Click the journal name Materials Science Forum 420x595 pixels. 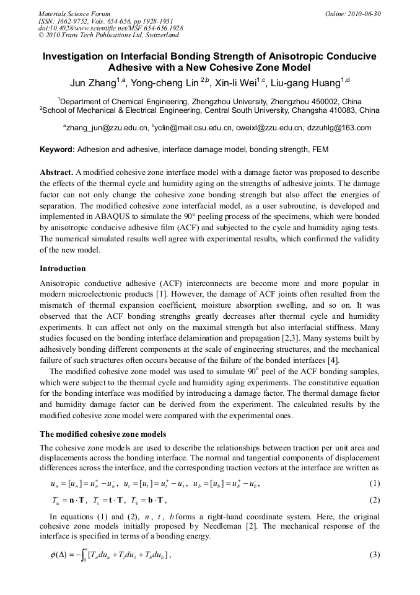[74, 14]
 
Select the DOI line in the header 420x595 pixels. [110, 29]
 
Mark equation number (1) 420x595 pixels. [374, 483]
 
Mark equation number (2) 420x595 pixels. [374, 500]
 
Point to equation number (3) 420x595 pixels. [374, 554]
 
